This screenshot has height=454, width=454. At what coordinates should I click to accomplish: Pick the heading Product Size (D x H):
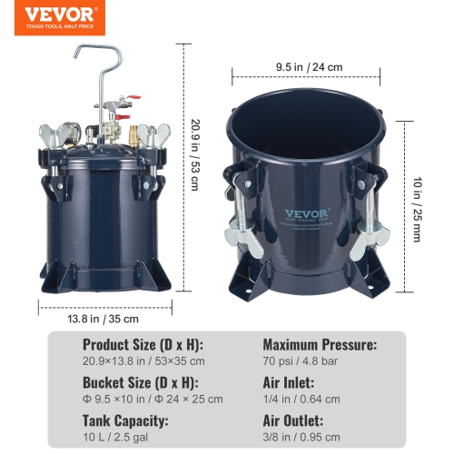pyautogui.click(x=143, y=345)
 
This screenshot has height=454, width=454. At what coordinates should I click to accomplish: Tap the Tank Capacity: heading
pyautogui.click(x=126, y=421)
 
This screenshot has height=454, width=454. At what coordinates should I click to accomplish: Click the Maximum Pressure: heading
pyautogui.click(x=319, y=345)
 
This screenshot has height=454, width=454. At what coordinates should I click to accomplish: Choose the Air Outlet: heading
pyautogui.click(x=293, y=421)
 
